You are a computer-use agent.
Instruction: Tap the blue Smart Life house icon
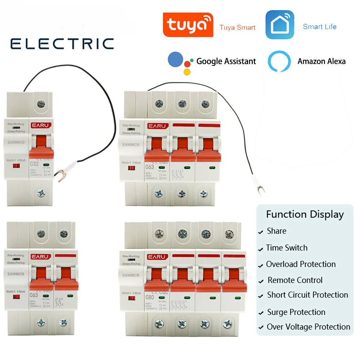coord(280,25)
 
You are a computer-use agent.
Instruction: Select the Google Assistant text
coord(226,61)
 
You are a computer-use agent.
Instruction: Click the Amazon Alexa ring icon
coord(279,61)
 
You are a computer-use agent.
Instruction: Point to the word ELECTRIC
coord(62,44)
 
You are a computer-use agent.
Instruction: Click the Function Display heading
coord(305,215)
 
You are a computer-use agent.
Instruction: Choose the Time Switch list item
coord(287,248)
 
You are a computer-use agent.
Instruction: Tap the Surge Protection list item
coord(296,312)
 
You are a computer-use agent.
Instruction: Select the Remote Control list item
coord(295,280)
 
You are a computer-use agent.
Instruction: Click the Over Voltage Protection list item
coord(308,327)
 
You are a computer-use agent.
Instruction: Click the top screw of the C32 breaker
coord(41,104)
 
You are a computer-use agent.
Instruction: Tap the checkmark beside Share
coord(261,233)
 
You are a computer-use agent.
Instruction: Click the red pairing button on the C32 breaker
coord(16,166)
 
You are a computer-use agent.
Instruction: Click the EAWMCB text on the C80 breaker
coord(131,275)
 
